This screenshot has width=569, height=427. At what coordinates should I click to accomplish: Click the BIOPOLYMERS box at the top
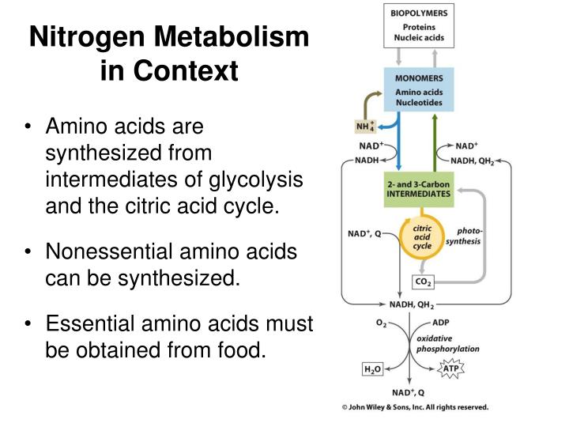click(x=419, y=26)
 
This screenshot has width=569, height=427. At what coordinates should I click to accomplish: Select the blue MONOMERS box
click(x=419, y=89)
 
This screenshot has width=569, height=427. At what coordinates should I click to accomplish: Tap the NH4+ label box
click(x=365, y=127)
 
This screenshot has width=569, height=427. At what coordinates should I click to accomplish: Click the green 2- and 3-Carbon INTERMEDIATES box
click(x=419, y=189)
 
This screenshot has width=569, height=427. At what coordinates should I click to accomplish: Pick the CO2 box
click(x=423, y=282)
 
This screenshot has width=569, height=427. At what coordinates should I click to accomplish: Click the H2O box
click(x=373, y=369)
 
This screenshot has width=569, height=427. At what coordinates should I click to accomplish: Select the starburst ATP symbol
click(x=451, y=368)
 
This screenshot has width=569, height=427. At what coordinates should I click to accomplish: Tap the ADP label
click(x=441, y=323)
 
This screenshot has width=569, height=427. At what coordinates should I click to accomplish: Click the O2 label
click(x=382, y=323)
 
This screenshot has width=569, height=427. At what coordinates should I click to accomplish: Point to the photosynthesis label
click(x=464, y=236)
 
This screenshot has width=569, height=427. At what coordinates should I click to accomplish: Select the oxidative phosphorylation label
click(x=448, y=343)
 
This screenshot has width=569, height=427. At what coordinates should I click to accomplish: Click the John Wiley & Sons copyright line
click(x=415, y=407)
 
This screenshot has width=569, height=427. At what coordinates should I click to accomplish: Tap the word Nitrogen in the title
click(x=89, y=37)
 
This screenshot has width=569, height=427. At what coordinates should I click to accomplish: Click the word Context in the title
click(x=186, y=70)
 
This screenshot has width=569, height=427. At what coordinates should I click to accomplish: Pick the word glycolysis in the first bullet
click(x=255, y=179)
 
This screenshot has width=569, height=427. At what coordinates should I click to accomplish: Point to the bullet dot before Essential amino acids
click(x=28, y=323)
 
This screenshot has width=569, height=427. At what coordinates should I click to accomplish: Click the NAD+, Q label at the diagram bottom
click(x=409, y=392)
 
